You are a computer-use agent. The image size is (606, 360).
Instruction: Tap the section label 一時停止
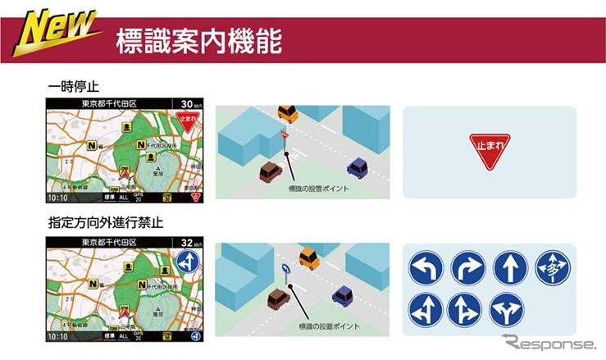[x=72, y=85]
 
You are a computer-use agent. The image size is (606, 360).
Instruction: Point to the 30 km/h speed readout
[x=191, y=104]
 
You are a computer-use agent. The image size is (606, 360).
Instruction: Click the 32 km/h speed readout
[x=191, y=244]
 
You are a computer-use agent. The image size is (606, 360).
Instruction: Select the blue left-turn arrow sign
[x=426, y=267]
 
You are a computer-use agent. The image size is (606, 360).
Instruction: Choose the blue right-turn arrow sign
[x=467, y=267]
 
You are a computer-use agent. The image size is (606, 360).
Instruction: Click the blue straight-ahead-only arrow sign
[x=509, y=267]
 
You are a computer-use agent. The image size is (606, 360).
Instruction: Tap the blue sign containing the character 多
[x=551, y=267]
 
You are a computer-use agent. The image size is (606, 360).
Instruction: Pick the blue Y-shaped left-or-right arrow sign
[x=509, y=309]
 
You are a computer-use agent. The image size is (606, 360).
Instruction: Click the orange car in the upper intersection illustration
[x=287, y=112]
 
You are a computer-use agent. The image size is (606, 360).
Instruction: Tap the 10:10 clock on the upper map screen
[x=58, y=198]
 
